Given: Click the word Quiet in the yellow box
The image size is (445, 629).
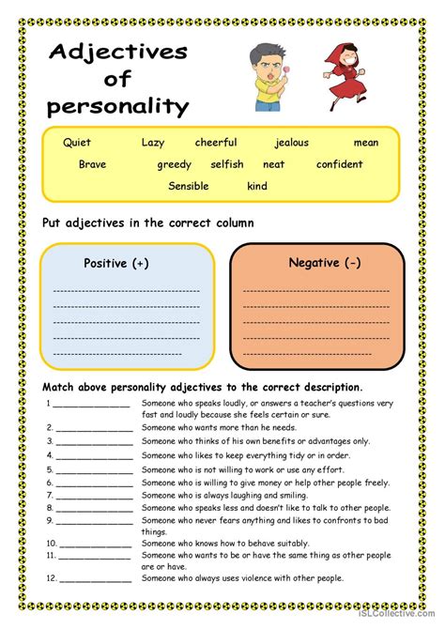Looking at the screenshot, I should [77, 143].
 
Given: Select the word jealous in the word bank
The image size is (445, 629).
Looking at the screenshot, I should [292, 143].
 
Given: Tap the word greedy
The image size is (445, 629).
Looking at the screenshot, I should [174, 164].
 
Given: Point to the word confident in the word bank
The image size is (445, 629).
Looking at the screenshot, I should [340, 164].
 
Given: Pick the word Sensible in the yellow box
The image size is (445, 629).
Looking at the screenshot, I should [189, 186].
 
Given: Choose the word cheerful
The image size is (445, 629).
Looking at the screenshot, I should [216, 143].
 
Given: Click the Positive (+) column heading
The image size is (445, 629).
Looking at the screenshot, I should [116, 264].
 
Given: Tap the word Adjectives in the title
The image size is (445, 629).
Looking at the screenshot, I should [116, 53].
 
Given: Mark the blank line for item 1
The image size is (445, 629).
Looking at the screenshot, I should [92, 406].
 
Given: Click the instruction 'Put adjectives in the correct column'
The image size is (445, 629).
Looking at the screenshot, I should [148, 222].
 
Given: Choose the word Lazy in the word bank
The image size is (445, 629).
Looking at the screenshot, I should [152, 143].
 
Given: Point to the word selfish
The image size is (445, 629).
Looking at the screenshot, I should [227, 164].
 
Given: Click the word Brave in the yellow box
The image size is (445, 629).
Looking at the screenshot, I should [92, 164].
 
